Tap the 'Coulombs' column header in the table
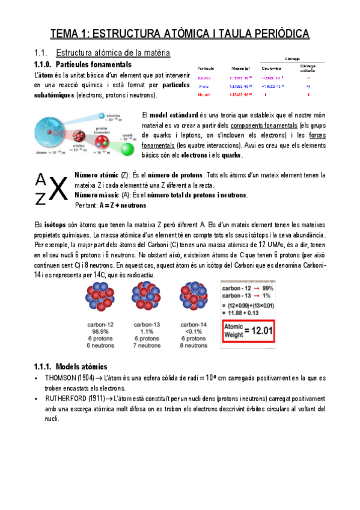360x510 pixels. tap(272, 67)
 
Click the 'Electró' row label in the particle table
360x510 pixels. tap(204, 78)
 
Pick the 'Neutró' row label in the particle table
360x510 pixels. tap(204, 94)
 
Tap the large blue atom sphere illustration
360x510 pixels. tap(52, 135)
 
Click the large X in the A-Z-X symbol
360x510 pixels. tap(57, 189)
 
